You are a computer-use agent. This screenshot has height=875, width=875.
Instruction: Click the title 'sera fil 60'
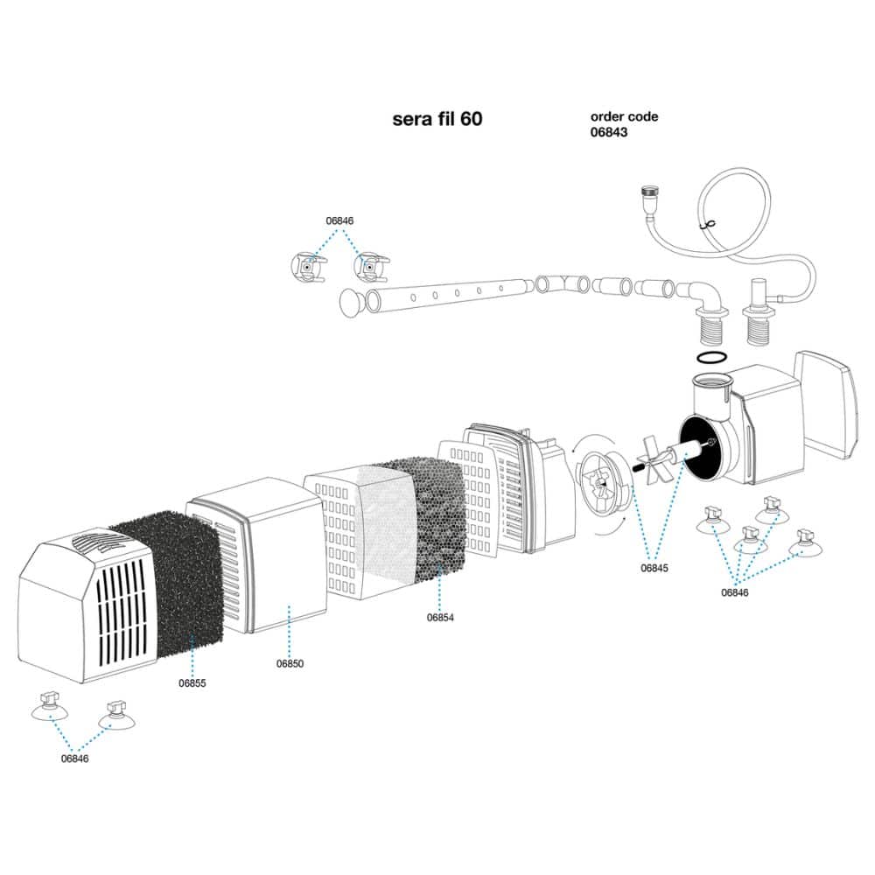click(x=437, y=119)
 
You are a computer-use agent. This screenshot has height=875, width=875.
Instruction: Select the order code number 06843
click(x=609, y=132)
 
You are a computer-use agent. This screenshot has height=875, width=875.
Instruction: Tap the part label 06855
click(x=192, y=683)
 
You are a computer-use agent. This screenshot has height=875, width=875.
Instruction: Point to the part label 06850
click(x=290, y=663)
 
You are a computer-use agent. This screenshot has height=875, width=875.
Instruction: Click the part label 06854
click(x=440, y=617)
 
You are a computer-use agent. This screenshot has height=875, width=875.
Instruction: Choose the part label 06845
click(x=654, y=568)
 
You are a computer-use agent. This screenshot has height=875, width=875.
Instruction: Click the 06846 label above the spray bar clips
click(x=339, y=220)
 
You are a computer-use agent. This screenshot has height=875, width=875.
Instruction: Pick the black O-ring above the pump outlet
click(x=712, y=357)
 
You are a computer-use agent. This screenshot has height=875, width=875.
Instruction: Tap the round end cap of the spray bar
click(x=351, y=303)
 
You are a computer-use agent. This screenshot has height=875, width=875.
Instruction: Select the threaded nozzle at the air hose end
click(x=647, y=199)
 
